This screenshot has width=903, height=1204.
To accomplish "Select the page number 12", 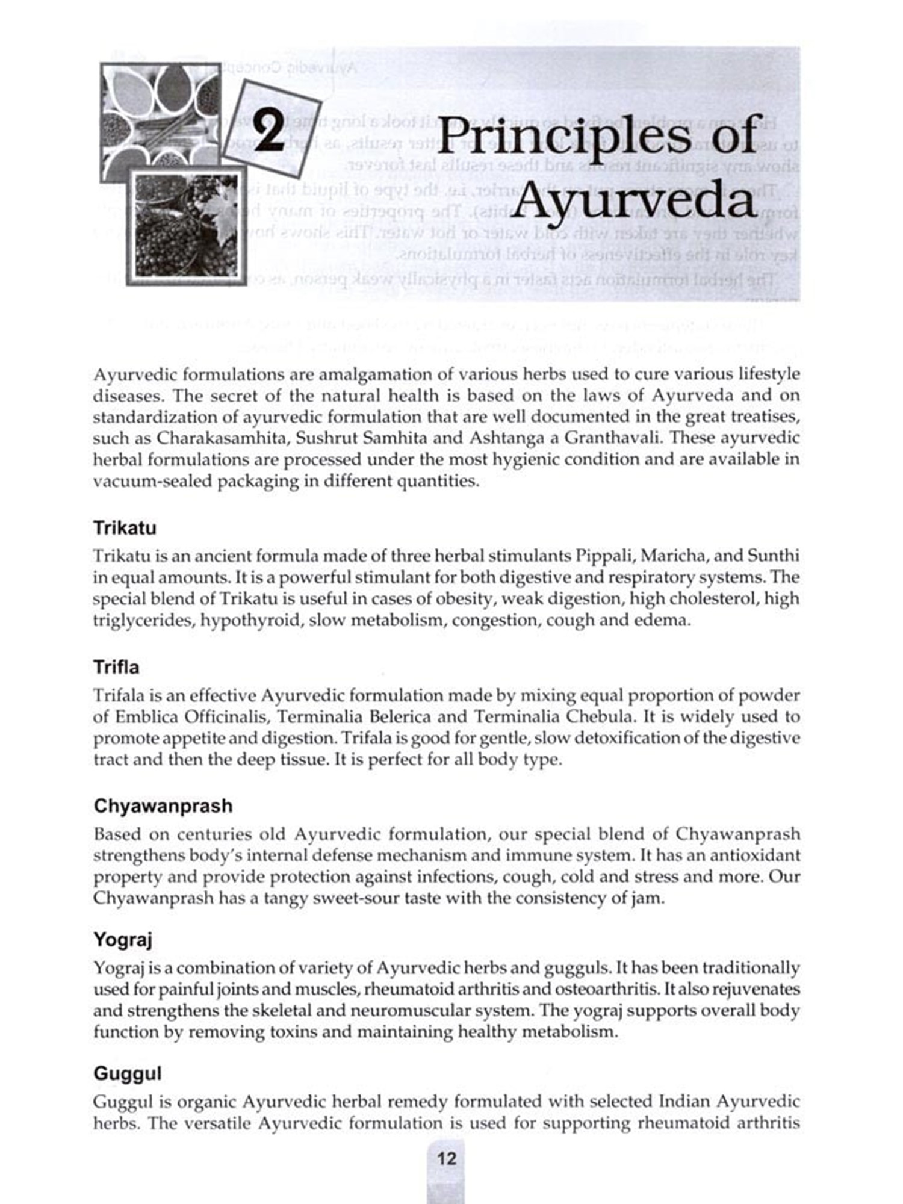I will pyautogui.click(x=447, y=1158).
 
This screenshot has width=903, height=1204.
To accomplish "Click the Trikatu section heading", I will pyautogui.click(x=125, y=528).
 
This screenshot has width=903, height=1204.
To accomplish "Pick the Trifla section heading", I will pyautogui.click(x=116, y=667).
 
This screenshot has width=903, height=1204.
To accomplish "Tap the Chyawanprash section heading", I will pyautogui.click(x=163, y=806).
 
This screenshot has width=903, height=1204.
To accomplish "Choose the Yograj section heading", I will pyautogui.click(x=123, y=939).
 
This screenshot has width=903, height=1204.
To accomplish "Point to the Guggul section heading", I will pyautogui.click(x=128, y=1073).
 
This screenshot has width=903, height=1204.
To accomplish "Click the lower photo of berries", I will pyautogui.click(x=186, y=225).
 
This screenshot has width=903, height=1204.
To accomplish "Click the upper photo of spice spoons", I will pyautogui.click(x=160, y=117).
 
